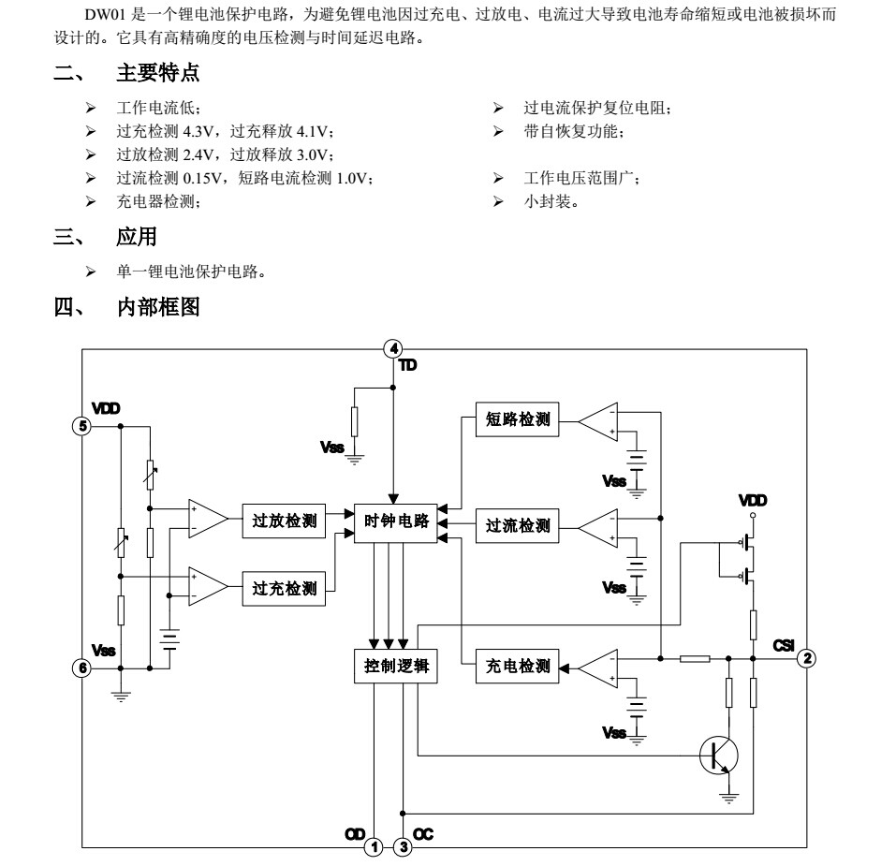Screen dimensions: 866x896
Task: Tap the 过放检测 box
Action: [x=285, y=521]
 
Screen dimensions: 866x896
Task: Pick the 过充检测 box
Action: [x=285, y=589]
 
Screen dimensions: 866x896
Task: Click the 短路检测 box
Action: [x=518, y=420]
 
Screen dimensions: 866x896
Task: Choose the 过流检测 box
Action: [x=518, y=526]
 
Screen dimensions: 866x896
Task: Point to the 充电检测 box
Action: [x=518, y=667]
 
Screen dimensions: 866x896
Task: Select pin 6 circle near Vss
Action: [x=82, y=668]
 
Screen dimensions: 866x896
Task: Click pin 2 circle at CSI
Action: [x=806, y=658]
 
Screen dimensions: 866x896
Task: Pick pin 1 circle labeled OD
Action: [x=374, y=847]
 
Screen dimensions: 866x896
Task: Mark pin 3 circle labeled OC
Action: [x=403, y=847]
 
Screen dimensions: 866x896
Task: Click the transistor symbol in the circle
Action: [x=719, y=755]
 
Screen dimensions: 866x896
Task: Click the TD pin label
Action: [x=408, y=365]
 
